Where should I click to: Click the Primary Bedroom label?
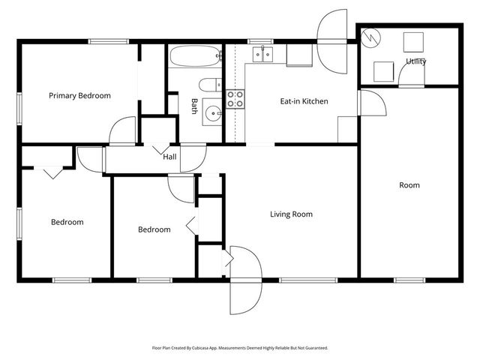(x=79, y=96)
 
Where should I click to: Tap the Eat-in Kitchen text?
(x=304, y=101)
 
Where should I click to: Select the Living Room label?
(x=291, y=214)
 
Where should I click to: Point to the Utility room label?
(x=416, y=61)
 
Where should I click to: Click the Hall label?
(x=170, y=157)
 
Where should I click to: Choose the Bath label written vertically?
(x=194, y=106)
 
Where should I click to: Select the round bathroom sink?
(x=214, y=115)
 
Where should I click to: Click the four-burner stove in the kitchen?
(x=235, y=99)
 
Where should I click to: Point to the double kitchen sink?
(x=262, y=53)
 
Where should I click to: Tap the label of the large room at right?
(x=409, y=185)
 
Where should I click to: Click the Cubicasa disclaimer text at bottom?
(x=240, y=348)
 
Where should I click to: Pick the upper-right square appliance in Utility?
(x=413, y=40)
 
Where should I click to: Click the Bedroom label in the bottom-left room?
(x=67, y=222)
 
